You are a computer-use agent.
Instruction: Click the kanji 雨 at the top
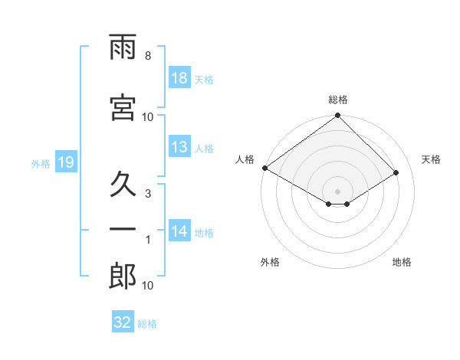tap(123, 47)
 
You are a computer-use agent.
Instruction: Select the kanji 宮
tap(123, 107)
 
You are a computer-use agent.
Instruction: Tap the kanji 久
tap(123, 184)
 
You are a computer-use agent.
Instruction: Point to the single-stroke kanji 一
tap(123, 229)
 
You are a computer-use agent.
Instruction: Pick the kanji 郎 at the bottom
tap(123, 276)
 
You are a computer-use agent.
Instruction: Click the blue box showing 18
tap(179, 77)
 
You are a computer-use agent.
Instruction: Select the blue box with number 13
tap(179, 146)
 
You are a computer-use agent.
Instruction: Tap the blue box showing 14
tap(179, 230)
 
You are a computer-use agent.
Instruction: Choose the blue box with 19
tap(66, 162)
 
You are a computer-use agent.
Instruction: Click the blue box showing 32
tap(123, 321)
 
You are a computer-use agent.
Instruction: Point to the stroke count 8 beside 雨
tap(148, 56)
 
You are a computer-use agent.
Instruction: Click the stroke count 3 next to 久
tap(148, 194)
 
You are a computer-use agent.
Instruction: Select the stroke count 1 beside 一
tap(148, 240)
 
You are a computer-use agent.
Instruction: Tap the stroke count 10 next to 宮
tap(147, 117)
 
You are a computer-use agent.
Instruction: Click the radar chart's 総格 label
tap(338, 100)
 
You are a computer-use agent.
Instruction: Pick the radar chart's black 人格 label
tap(245, 159)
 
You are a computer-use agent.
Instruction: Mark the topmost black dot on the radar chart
tap(337, 115)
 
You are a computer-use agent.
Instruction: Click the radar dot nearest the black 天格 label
tap(396, 172)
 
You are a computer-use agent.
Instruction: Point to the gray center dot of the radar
tap(337, 191)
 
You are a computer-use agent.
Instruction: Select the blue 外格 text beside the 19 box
tap(41, 164)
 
